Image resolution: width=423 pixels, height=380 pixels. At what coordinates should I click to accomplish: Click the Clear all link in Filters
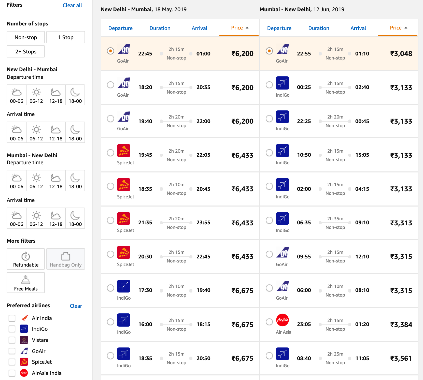(72, 5)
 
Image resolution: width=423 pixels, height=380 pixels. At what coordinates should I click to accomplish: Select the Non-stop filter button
(26, 37)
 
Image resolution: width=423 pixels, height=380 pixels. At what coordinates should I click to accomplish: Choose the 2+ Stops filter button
(26, 52)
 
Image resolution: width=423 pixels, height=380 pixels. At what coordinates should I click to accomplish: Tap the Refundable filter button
(26, 259)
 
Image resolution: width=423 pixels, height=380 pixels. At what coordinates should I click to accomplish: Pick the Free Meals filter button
(26, 283)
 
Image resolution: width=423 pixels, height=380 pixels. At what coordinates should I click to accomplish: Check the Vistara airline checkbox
(12, 340)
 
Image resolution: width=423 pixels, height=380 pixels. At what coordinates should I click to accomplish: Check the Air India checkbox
(12, 318)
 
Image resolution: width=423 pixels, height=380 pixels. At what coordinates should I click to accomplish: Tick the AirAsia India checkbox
(12, 373)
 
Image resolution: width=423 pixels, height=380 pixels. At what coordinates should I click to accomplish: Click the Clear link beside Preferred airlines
(76, 306)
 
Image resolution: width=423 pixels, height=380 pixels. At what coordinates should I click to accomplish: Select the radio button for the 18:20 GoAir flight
(110, 85)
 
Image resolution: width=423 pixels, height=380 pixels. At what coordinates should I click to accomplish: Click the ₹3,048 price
(401, 54)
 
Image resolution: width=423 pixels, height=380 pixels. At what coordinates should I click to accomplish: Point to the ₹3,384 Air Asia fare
(401, 325)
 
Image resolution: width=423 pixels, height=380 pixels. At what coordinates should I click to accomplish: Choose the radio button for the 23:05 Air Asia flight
(269, 322)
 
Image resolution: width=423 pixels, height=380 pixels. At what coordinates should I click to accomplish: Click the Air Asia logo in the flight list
(283, 320)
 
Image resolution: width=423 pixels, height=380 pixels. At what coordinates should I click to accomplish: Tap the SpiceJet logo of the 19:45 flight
(124, 151)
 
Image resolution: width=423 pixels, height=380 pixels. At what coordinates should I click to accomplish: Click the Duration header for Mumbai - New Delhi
(319, 28)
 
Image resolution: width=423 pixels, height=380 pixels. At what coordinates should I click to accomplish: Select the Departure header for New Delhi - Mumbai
(120, 28)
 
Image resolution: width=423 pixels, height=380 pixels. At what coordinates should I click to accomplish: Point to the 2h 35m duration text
(335, 219)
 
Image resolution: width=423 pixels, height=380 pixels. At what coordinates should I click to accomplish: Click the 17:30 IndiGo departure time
(145, 290)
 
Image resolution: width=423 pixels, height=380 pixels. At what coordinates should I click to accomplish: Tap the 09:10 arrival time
(362, 223)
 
